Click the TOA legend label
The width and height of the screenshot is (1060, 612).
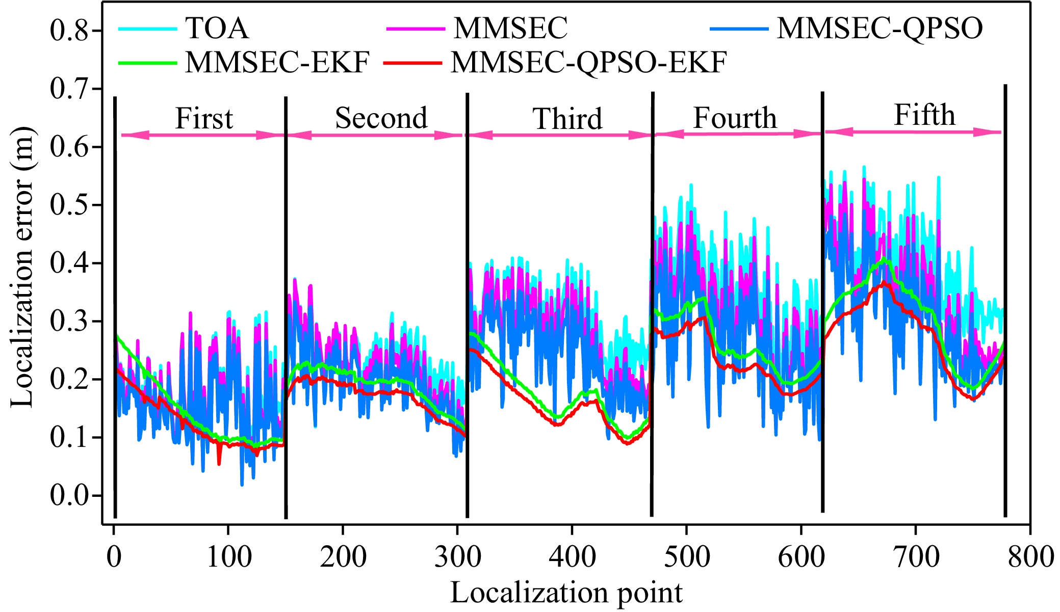coord(217,28)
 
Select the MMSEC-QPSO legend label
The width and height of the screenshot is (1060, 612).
coord(880,28)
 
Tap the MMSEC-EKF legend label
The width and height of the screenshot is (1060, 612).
coord(277,63)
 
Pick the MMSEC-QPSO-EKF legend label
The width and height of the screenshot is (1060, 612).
coord(588,63)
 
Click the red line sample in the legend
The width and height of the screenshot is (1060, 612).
coord(412,63)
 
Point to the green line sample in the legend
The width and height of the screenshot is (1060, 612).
coord(147,63)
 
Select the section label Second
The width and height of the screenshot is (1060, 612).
coord(381,118)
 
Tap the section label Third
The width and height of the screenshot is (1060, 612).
coord(567,119)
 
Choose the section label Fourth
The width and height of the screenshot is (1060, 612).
coord(735,118)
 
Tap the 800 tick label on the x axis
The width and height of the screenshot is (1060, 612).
coord(1030,556)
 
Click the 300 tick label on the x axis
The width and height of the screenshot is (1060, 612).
coord(457,556)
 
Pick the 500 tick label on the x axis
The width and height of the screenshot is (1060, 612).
coord(687,556)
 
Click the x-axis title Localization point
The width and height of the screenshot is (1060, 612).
coord(566,593)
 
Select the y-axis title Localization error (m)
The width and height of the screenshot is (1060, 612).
coord(22,267)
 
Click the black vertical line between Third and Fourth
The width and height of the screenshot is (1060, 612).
coord(652,306)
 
